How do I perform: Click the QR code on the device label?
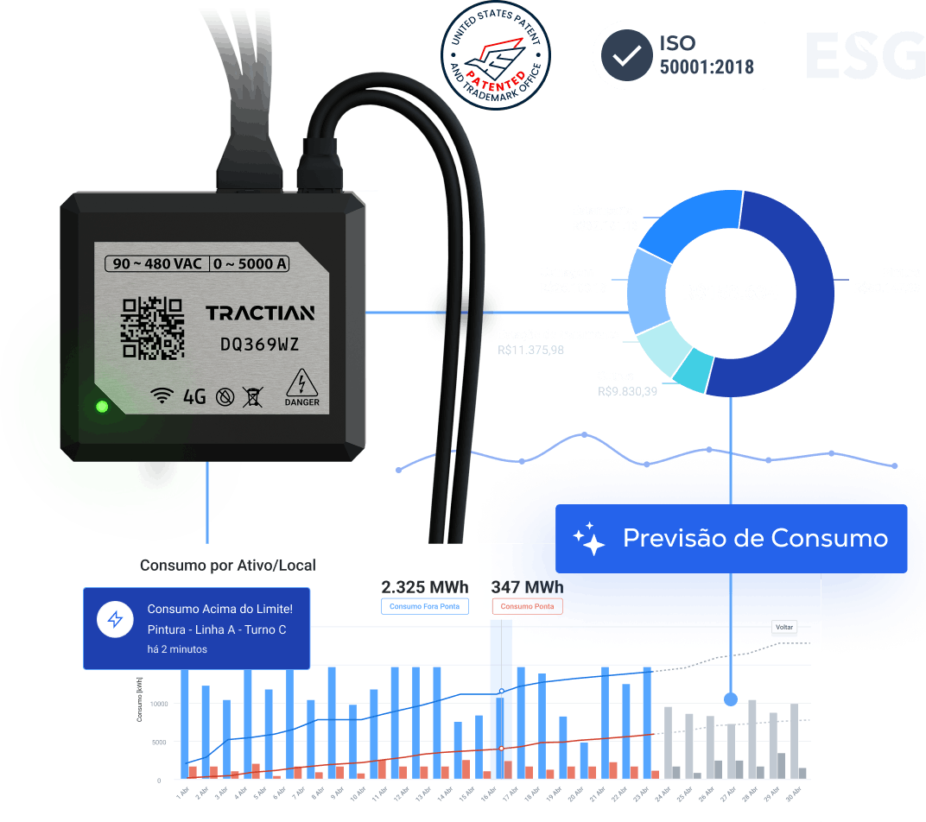pos(153,327)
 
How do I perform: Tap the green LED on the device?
pos(102,406)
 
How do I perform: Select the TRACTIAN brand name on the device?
pos(260,313)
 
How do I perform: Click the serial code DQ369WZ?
pos(260,345)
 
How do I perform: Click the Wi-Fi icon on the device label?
pos(162,396)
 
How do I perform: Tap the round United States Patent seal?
pos(496,55)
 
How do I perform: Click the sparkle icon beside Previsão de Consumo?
pos(589,539)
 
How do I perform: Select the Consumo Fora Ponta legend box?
pos(424,606)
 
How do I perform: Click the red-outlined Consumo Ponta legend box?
pos(527,606)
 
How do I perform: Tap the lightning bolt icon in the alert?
pos(115,619)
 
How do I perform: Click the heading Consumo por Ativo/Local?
pos(228,566)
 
